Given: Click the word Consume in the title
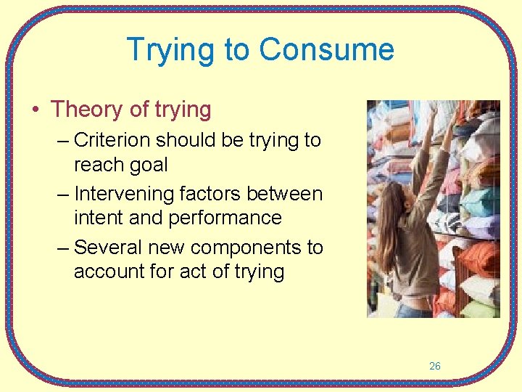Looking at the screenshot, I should click(327, 50).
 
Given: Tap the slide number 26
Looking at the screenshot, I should click(434, 366).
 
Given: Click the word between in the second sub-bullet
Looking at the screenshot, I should click(289, 194).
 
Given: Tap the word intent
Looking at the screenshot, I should click(97, 218).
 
